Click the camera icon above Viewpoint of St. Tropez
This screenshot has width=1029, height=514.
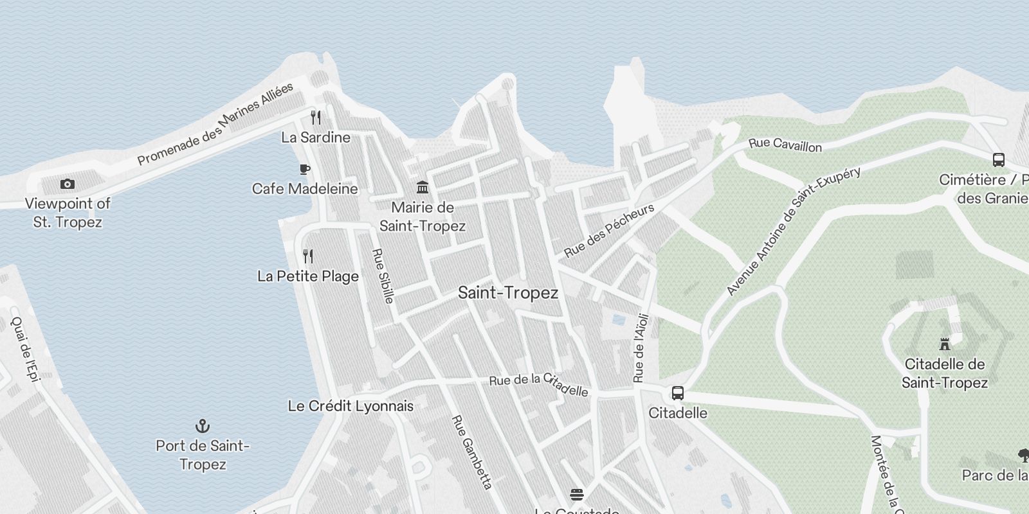click(x=67, y=184)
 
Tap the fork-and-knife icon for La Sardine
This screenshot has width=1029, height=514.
click(x=315, y=118)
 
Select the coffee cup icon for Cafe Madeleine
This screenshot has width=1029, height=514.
click(x=305, y=169)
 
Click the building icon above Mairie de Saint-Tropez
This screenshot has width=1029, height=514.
click(x=423, y=187)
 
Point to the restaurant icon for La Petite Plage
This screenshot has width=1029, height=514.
click(x=308, y=256)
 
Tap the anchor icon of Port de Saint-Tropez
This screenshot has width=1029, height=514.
click(x=203, y=426)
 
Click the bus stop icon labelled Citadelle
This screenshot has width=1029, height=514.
click(x=677, y=393)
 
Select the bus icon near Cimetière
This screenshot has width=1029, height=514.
click(x=998, y=159)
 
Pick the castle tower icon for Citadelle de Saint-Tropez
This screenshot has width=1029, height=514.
click(x=944, y=344)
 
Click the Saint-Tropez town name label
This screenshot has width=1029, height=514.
click(x=507, y=293)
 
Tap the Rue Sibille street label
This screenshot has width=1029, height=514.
click(x=383, y=276)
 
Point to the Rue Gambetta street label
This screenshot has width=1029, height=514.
click(x=473, y=452)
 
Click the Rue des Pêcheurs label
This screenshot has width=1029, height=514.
click(x=609, y=230)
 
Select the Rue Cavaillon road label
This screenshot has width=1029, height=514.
click(x=785, y=145)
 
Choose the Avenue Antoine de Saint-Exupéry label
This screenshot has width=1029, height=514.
click(x=793, y=231)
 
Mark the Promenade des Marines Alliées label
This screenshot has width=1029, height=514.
click(x=215, y=123)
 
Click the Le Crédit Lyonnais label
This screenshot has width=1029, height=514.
click(x=351, y=406)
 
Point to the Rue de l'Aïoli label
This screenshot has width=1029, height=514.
click(x=641, y=348)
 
